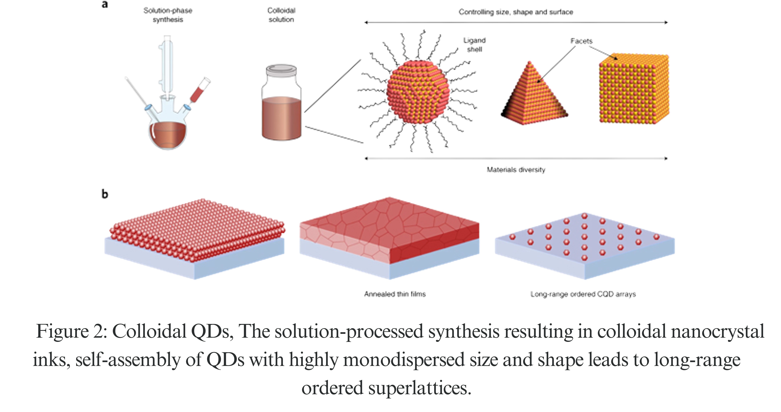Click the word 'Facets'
[581, 41]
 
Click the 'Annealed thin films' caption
[395, 294]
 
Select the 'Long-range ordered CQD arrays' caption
[583, 294]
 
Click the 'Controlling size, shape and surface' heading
[515, 12]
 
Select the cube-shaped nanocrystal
[634, 89]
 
